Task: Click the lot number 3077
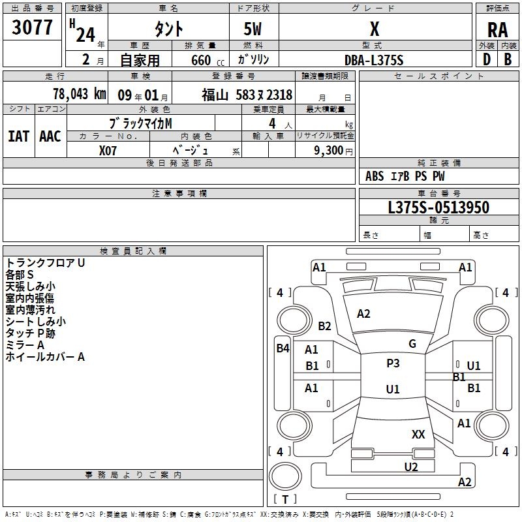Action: pyautogui.click(x=32, y=27)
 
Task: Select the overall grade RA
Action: pyautogui.click(x=497, y=30)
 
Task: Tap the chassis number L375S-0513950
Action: pyautogui.click(x=438, y=207)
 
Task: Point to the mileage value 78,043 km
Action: pyautogui.click(x=80, y=94)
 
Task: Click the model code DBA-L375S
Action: pyautogui.click(x=374, y=60)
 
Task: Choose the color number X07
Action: pyautogui.click(x=108, y=151)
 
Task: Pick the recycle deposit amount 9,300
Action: pyautogui.click(x=329, y=151)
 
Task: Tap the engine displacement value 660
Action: pyautogui.click(x=201, y=60)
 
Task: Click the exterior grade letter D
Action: pyautogui.click(x=487, y=59)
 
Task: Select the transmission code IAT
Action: pyautogui.click(x=19, y=136)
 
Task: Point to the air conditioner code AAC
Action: pyautogui.click(x=50, y=136)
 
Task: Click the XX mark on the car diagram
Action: pyautogui.click(x=418, y=434)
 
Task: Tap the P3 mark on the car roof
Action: pyautogui.click(x=393, y=363)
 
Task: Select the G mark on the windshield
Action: pyautogui.click(x=412, y=344)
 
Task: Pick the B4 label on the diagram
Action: pyautogui.click(x=283, y=348)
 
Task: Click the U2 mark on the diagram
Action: pyautogui.click(x=411, y=467)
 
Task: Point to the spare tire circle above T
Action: pyautogui.click(x=285, y=476)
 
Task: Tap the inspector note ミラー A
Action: pyautogui.click(x=25, y=345)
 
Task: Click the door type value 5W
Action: pyautogui.click(x=253, y=29)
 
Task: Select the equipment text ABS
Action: pyautogui.click(x=375, y=176)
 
